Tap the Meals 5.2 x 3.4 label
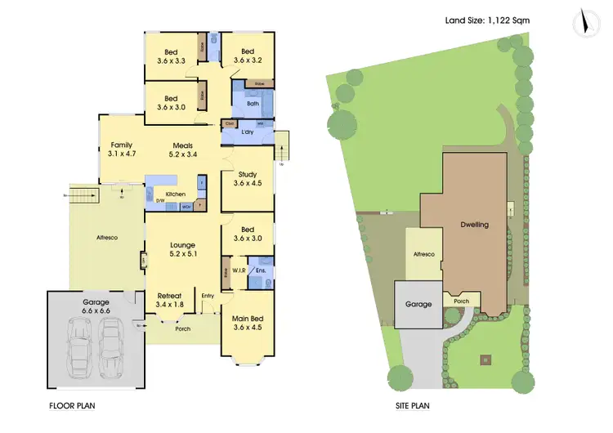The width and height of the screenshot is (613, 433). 182,149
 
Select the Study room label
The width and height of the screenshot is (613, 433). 248,178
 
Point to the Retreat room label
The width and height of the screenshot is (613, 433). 169,300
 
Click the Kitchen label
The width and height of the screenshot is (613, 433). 175,194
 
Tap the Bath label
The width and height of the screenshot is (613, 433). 253,104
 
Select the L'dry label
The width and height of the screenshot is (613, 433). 248,132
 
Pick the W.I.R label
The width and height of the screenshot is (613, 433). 240,270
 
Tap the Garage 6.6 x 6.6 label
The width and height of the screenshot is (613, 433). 95,306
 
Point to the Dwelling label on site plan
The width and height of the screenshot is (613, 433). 474,225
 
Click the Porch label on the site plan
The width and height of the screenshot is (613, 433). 462,301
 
